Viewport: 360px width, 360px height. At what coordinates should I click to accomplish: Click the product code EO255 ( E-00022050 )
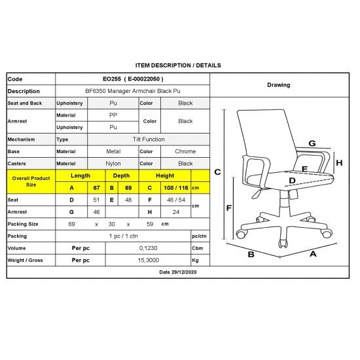[133, 79]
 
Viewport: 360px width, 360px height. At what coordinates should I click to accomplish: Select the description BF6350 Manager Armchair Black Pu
[133, 91]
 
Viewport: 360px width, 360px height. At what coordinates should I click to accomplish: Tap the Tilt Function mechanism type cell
[149, 139]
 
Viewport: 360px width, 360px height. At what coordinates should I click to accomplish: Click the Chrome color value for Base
[185, 152]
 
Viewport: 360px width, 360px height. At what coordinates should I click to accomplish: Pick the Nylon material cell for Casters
[113, 164]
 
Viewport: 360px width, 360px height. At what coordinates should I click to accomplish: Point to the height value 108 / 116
[176, 188]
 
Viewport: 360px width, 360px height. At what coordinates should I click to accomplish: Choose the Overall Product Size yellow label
[31, 181]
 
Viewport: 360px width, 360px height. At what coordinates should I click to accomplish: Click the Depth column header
[121, 175]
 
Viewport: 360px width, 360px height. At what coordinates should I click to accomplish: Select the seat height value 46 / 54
[176, 200]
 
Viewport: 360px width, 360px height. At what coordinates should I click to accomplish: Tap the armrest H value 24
[176, 212]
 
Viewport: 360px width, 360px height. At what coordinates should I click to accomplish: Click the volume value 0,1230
[149, 248]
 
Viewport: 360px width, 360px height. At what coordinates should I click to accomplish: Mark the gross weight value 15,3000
[149, 260]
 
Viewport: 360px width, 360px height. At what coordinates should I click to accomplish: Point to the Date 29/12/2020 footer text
[178, 272]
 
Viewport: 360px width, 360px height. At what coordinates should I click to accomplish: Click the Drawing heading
[278, 85]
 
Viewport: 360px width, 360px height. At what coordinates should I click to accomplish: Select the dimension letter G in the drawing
[312, 143]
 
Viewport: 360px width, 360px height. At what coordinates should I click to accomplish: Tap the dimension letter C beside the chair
[217, 172]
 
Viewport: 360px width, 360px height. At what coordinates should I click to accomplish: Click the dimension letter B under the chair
[251, 255]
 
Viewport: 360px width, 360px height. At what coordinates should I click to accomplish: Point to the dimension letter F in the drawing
[229, 208]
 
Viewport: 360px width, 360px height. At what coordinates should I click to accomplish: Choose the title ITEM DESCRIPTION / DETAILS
[178, 65]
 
